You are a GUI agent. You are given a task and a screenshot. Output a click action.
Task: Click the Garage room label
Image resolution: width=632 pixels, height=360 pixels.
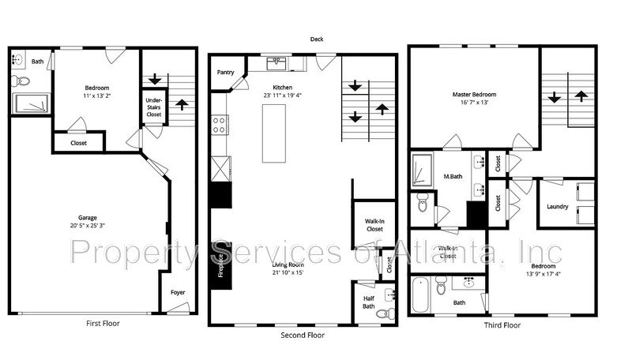pyautogui.click(x=88, y=217)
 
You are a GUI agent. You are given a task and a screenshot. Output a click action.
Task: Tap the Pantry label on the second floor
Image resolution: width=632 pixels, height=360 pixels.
pyautogui.click(x=225, y=72)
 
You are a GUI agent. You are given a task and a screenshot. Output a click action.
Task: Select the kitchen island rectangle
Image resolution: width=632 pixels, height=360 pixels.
pyautogui.click(x=274, y=133)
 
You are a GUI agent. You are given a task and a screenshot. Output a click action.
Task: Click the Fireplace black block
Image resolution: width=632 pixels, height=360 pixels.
pyautogui.click(x=221, y=266)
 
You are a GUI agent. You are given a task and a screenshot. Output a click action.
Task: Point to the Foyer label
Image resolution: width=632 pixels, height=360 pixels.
pyautogui.click(x=178, y=292)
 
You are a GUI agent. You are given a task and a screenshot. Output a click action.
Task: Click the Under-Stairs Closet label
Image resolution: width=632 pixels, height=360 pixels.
pyautogui.click(x=153, y=107)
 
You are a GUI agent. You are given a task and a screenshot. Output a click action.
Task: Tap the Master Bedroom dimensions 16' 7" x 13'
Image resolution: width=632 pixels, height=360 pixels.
pyautogui.click(x=475, y=103)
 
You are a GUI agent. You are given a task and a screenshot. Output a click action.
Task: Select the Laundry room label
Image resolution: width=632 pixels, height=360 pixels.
pyautogui.click(x=558, y=206)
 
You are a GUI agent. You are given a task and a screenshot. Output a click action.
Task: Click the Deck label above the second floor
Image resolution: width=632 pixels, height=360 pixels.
pyautogui.click(x=317, y=39)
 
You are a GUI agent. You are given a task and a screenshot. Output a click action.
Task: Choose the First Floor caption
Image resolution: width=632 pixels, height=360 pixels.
pyautogui.click(x=103, y=323)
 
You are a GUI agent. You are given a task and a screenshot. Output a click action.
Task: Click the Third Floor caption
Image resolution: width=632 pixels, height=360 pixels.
pyautogui.click(x=502, y=325)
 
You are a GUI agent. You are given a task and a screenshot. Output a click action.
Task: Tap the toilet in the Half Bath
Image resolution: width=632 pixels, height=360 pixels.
pyautogui.click(x=389, y=313)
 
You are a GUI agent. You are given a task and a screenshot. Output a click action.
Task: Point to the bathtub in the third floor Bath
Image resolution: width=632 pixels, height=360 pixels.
pyautogui.click(x=420, y=295)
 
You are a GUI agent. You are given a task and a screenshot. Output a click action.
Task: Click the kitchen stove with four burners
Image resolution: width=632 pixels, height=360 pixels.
pyautogui.click(x=220, y=125)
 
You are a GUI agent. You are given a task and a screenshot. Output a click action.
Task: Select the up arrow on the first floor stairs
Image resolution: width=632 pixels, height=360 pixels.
pyautogui.click(x=182, y=105)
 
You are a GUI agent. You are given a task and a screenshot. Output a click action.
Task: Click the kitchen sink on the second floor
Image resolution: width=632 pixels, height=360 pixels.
pyautogui.click(x=276, y=63)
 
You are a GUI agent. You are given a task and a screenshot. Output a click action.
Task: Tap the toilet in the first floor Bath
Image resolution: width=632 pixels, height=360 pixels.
pyautogui.click(x=21, y=81)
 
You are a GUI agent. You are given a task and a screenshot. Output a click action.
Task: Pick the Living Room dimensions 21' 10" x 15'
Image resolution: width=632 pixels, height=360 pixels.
pyautogui.click(x=288, y=272)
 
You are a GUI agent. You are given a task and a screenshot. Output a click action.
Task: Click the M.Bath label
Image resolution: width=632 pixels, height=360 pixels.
pyautogui.click(x=453, y=176)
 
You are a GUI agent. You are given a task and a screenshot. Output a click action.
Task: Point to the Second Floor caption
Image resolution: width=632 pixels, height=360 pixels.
pyautogui.click(x=303, y=335)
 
